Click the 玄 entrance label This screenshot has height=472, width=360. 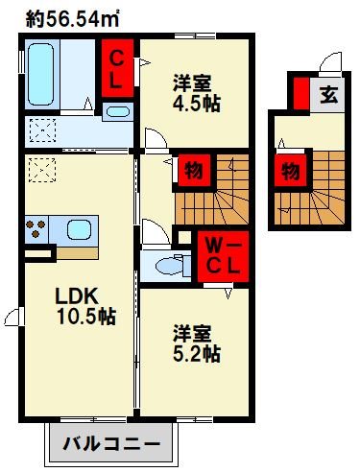point(328,95)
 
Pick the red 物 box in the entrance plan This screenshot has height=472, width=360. point(289,171)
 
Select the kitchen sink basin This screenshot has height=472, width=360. point(79,230)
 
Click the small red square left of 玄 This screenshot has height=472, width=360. point(301,95)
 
